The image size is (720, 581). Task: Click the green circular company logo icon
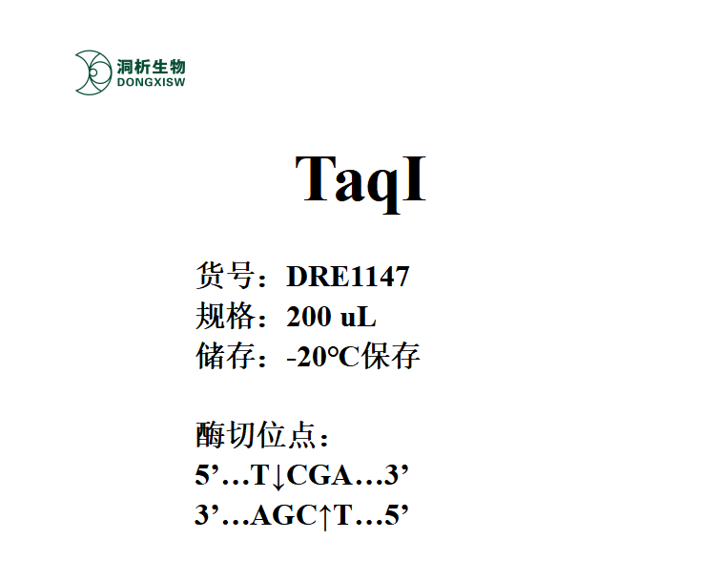coord(93,73)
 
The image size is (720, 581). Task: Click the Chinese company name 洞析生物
coord(151,67)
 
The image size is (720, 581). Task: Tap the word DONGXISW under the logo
coord(151,83)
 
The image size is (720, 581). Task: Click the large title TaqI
coord(360,181)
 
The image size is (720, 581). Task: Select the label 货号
coord(225,276)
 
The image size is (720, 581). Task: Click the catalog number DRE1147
coord(347,277)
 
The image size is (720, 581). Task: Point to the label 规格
coord(225,316)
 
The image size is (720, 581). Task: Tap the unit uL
coord(359,317)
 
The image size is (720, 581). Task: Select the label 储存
coord(225,356)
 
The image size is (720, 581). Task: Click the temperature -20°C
coord(322,357)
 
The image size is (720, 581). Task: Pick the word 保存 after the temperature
coord(390,356)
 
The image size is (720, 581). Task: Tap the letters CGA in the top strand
coord(319,475)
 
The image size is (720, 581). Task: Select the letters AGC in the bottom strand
coord(284,515)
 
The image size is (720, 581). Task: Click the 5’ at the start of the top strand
coord(208,475)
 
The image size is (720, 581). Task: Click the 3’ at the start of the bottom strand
coord(208,515)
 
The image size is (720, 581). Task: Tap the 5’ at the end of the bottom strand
coord(397,515)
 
